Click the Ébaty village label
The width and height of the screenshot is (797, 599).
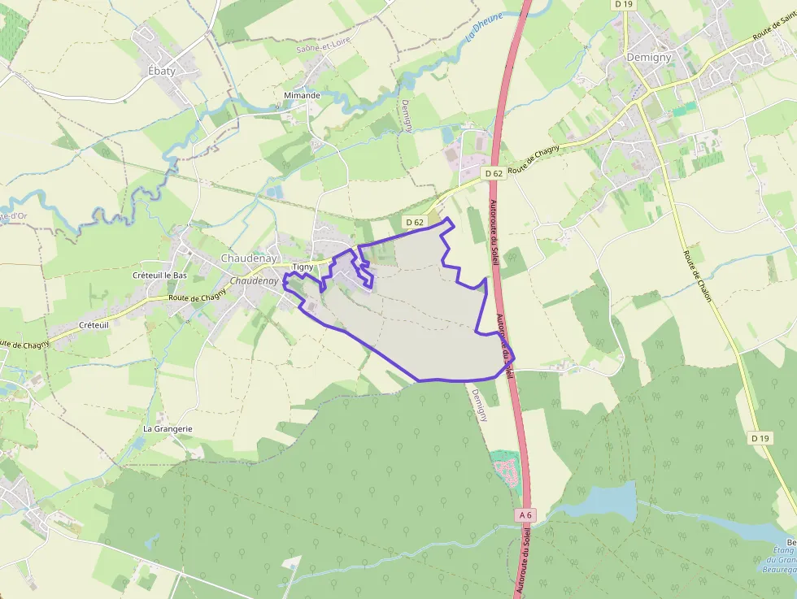pyautogui.click(x=162, y=71)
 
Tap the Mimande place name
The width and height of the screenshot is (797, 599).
pyautogui.click(x=302, y=95)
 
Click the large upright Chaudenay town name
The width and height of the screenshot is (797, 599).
pyautogui.click(x=249, y=258)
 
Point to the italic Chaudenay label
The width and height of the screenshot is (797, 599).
pyautogui.click(x=255, y=281)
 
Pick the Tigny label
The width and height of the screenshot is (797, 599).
pyautogui.click(x=303, y=267)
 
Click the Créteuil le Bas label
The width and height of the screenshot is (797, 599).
pyautogui.click(x=159, y=276)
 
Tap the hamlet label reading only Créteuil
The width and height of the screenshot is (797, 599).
pyautogui.click(x=94, y=324)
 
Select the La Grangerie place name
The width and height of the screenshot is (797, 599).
pyautogui.click(x=168, y=428)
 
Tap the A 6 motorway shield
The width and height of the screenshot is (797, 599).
pyautogui.click(x=526, y=514)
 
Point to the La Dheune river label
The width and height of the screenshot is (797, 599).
pyautogui.click(x=484, y=27)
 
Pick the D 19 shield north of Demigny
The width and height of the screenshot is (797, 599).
pyautogui.click(x=624, y=4)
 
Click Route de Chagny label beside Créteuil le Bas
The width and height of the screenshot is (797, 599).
pyautogui.click(x=197, y=297)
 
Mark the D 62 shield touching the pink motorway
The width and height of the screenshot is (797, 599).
pyautogui.click(x=494, y=173)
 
